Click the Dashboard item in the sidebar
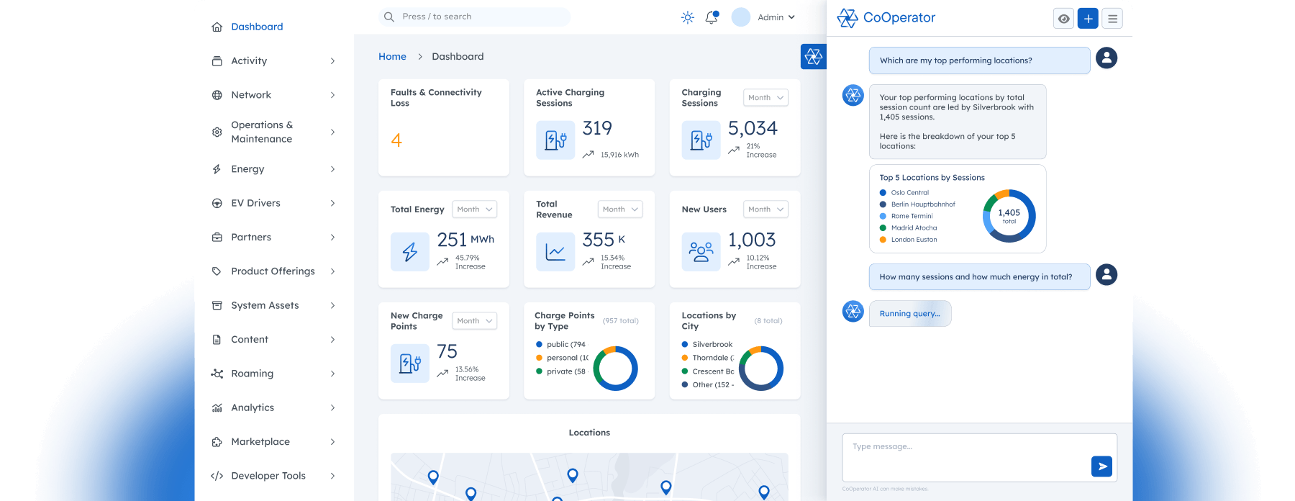point(256,27)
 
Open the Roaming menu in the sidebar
point(252,374)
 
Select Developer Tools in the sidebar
point(268,476)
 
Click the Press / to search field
point(475,17)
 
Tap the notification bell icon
point(712,17)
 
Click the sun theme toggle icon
point(688,17)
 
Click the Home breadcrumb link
point(392,56)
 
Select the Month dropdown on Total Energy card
point(475,209)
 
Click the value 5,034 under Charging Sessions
point(753,128)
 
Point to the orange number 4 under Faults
point(396,140)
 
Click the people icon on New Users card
point(701,252)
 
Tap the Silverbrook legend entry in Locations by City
point(712,345)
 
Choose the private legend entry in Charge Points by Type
point(565,371)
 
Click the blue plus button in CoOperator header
point(1088,19)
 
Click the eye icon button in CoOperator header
point(1063,19)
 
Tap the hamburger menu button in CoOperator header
point(1112,19)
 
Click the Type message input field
point(964,456)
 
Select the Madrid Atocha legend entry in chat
point(913,228)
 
